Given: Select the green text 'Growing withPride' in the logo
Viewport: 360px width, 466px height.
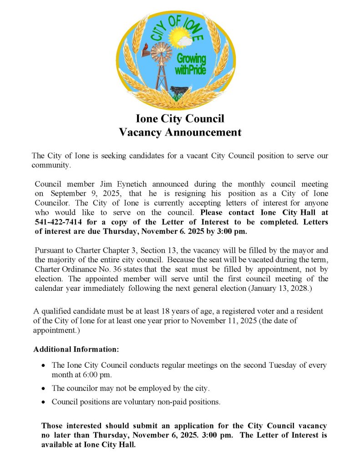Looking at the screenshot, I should [x=191, y=64].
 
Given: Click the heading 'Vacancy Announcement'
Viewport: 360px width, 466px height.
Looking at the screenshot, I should [x=180, y=132].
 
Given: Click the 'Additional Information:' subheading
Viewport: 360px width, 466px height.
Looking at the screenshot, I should [x=76, y=349].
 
